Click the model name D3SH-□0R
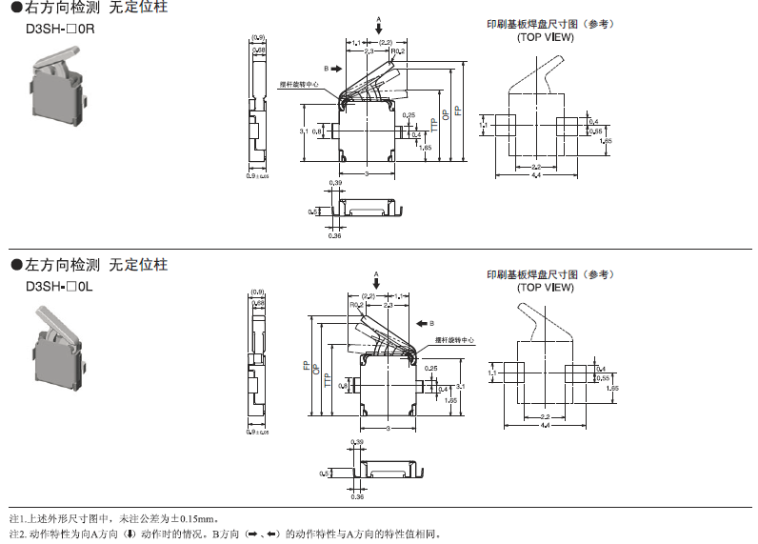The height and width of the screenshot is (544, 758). (x=61, y=30)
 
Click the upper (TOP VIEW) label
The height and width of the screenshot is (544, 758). (x=546, y=38)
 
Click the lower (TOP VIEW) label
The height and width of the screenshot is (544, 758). (x=546, y=286)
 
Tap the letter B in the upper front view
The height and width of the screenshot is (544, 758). (x=326, y=69)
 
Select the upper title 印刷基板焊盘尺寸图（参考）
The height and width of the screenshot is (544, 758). (x=546, y=25)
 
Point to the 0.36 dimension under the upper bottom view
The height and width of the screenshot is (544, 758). (x=334, y=235)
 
